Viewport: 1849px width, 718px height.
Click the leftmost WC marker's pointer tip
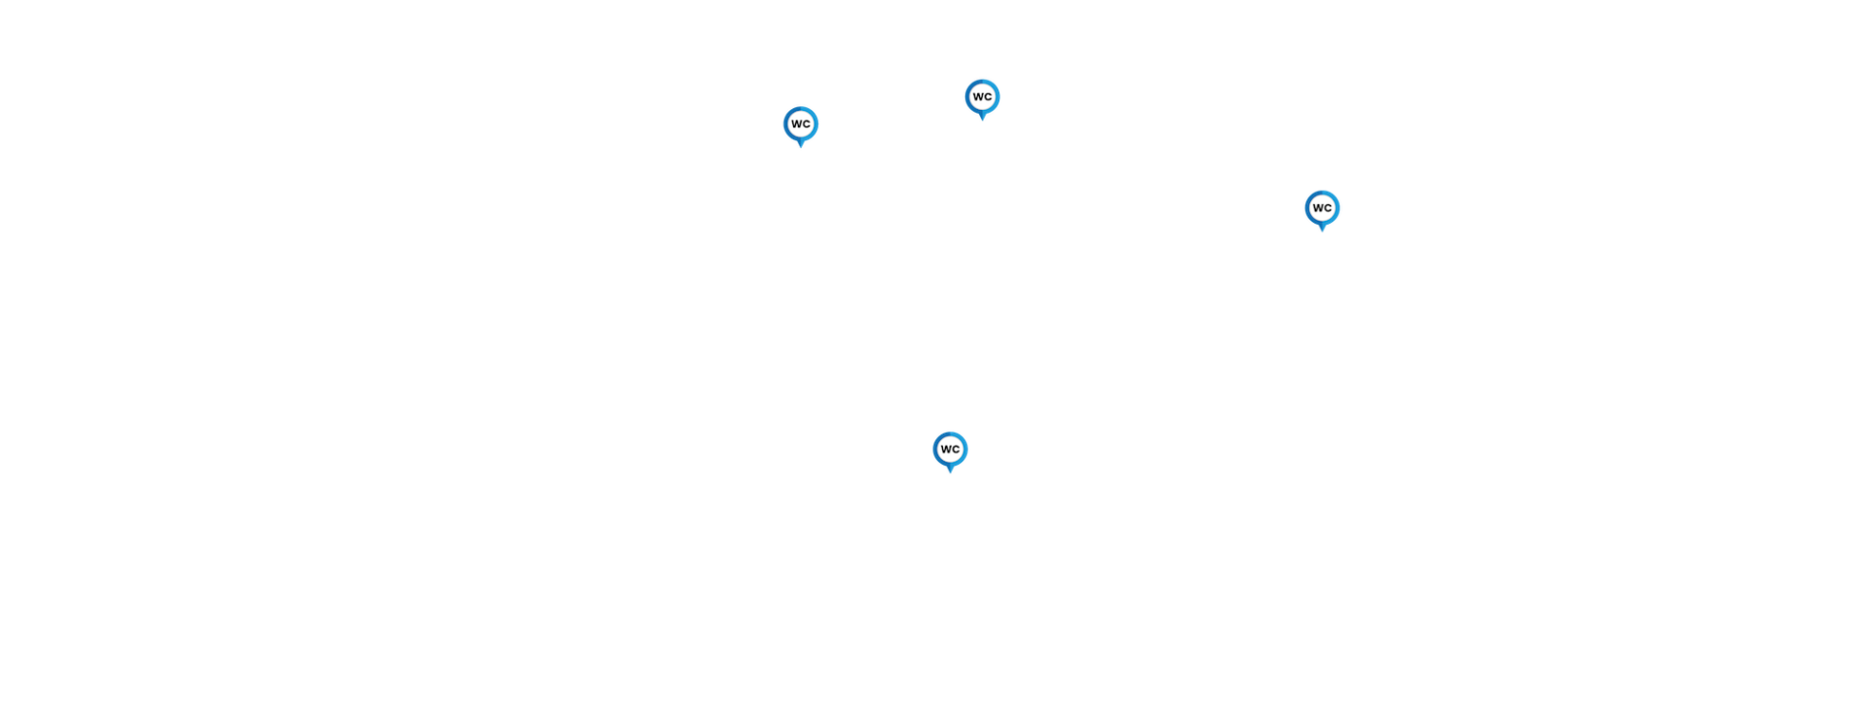click(x=801, y=147)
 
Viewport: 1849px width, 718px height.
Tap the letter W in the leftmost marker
click(x=796, y=124)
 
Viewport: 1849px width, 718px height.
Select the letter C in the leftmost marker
click(x=806, y=124)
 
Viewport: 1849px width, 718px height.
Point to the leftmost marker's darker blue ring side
click(x=786, y=125)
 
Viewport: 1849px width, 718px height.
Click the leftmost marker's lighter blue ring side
click(x=816, y=125)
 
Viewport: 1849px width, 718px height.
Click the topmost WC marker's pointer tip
click(x=982, y=120)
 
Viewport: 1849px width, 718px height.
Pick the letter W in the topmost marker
click(x=977, y=96)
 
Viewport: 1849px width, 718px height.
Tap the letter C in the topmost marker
click(x=987, y=96)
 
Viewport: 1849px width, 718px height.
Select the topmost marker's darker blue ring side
click(x=967, y=97)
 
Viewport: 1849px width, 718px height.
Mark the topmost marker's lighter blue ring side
click(x=997, y=97)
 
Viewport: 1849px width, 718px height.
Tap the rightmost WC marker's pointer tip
click(x=1322, y=231)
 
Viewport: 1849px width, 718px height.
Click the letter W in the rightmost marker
click(x=1317, y=207)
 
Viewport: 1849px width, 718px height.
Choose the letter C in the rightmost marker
click(x=1326, y=207)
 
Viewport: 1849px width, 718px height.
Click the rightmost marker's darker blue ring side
click(x=1307, y=208)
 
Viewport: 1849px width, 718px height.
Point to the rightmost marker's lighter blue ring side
click(x=1336, y=208)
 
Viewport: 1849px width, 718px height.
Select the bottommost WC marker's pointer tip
click(x=950, y=472)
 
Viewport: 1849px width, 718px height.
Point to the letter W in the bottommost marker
click(x=945, y=449)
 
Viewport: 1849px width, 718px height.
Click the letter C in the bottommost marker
click(x=955, y=449)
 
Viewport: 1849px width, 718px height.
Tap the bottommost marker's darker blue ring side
click(x=935, y=449)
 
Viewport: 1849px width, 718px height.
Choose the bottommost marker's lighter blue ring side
click(x=964, y=449)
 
